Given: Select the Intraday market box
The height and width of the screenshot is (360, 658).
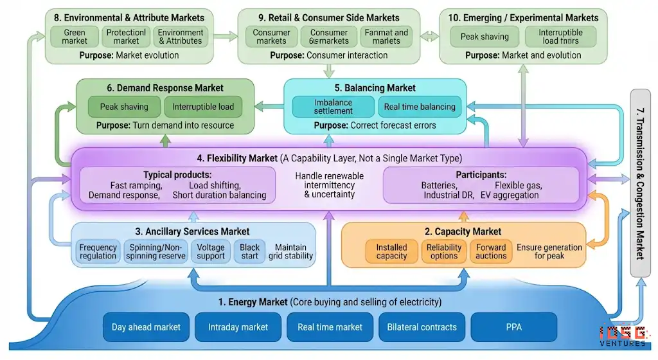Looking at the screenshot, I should (238, 327).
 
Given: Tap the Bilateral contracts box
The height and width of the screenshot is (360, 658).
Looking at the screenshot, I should (422, 327).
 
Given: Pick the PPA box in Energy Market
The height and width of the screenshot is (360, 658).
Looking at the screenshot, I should (513, 327).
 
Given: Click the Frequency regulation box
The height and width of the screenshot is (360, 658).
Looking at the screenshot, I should (98, 251).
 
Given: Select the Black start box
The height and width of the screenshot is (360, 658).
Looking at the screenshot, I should (250, 251).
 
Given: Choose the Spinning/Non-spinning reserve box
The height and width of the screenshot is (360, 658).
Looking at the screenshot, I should (157, 251).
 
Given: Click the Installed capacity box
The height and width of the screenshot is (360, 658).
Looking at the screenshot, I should (392, 251).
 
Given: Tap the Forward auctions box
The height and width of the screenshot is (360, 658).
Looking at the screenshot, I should (491, 251).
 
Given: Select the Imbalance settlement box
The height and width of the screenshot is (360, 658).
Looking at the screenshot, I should (333, 107).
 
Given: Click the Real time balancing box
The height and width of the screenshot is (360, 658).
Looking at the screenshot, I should (420, 107).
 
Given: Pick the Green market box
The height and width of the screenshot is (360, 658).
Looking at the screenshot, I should (75, 37).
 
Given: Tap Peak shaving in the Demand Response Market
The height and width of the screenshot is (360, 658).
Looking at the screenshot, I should (124, 107).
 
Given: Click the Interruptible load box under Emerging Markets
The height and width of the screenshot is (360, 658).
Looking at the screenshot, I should (560, 37).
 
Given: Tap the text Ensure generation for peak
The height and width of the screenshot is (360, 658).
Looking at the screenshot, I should (549, 251).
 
